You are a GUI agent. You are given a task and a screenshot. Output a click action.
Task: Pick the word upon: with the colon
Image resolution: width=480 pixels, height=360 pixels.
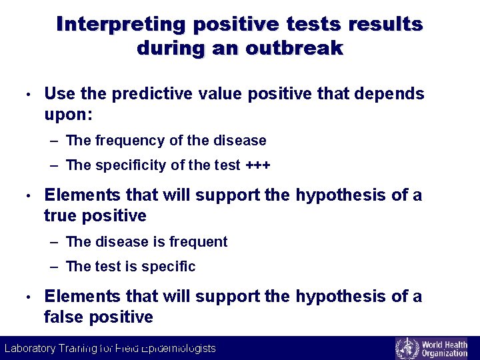(x=69, y=115)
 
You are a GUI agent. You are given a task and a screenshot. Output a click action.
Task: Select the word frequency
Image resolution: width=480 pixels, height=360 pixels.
(x=129, y=141)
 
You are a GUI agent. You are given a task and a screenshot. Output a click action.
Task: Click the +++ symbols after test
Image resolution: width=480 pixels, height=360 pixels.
(x=258, y=165)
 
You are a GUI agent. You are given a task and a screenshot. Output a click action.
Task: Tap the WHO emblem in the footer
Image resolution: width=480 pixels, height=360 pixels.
(x=407, y=349)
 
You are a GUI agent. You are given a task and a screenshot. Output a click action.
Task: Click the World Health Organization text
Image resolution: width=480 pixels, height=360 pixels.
(x=444, y=349)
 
